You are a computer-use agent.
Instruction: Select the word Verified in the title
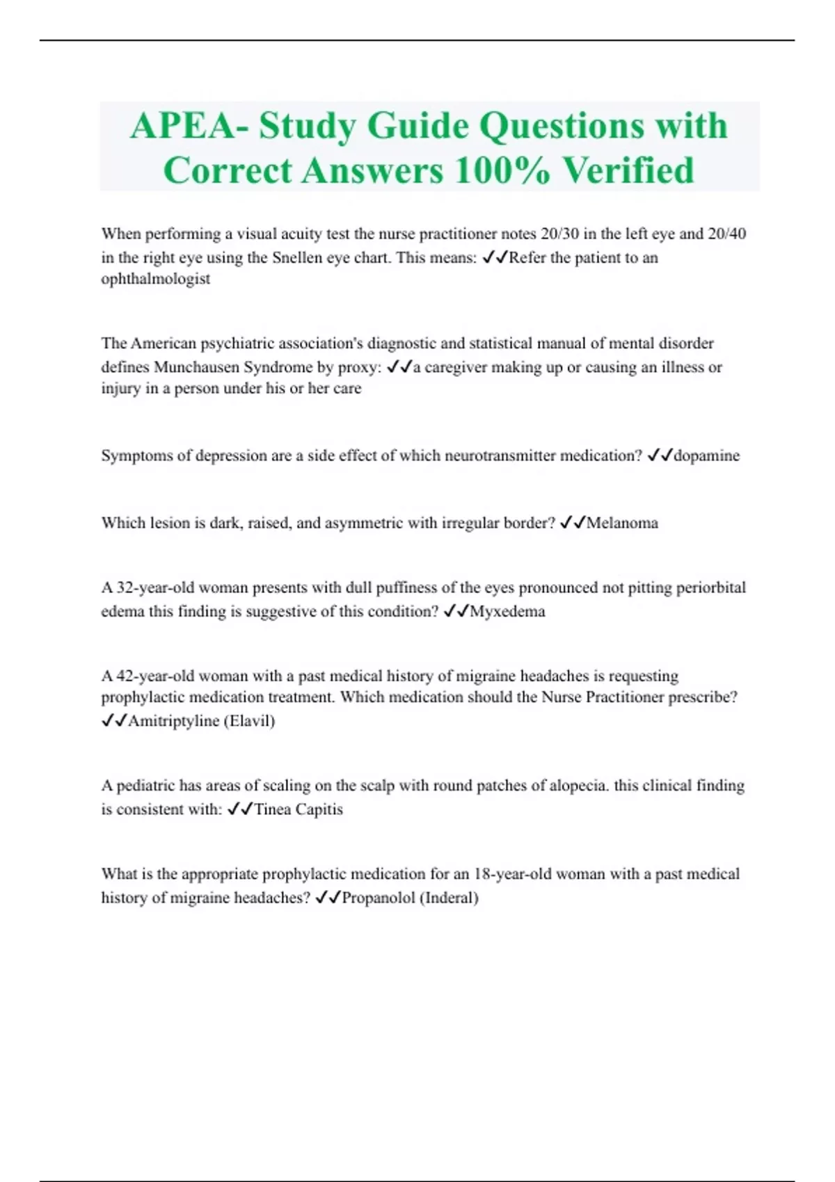628,170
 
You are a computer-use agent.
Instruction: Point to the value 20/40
726,234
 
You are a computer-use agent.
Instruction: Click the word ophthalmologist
155,279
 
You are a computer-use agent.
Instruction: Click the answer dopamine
706,456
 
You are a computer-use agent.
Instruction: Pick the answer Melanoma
622,523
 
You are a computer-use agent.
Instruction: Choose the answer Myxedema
507,612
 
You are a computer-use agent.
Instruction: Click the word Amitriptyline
173,721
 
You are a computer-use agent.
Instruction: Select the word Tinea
273,809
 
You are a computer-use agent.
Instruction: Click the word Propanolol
379,898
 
